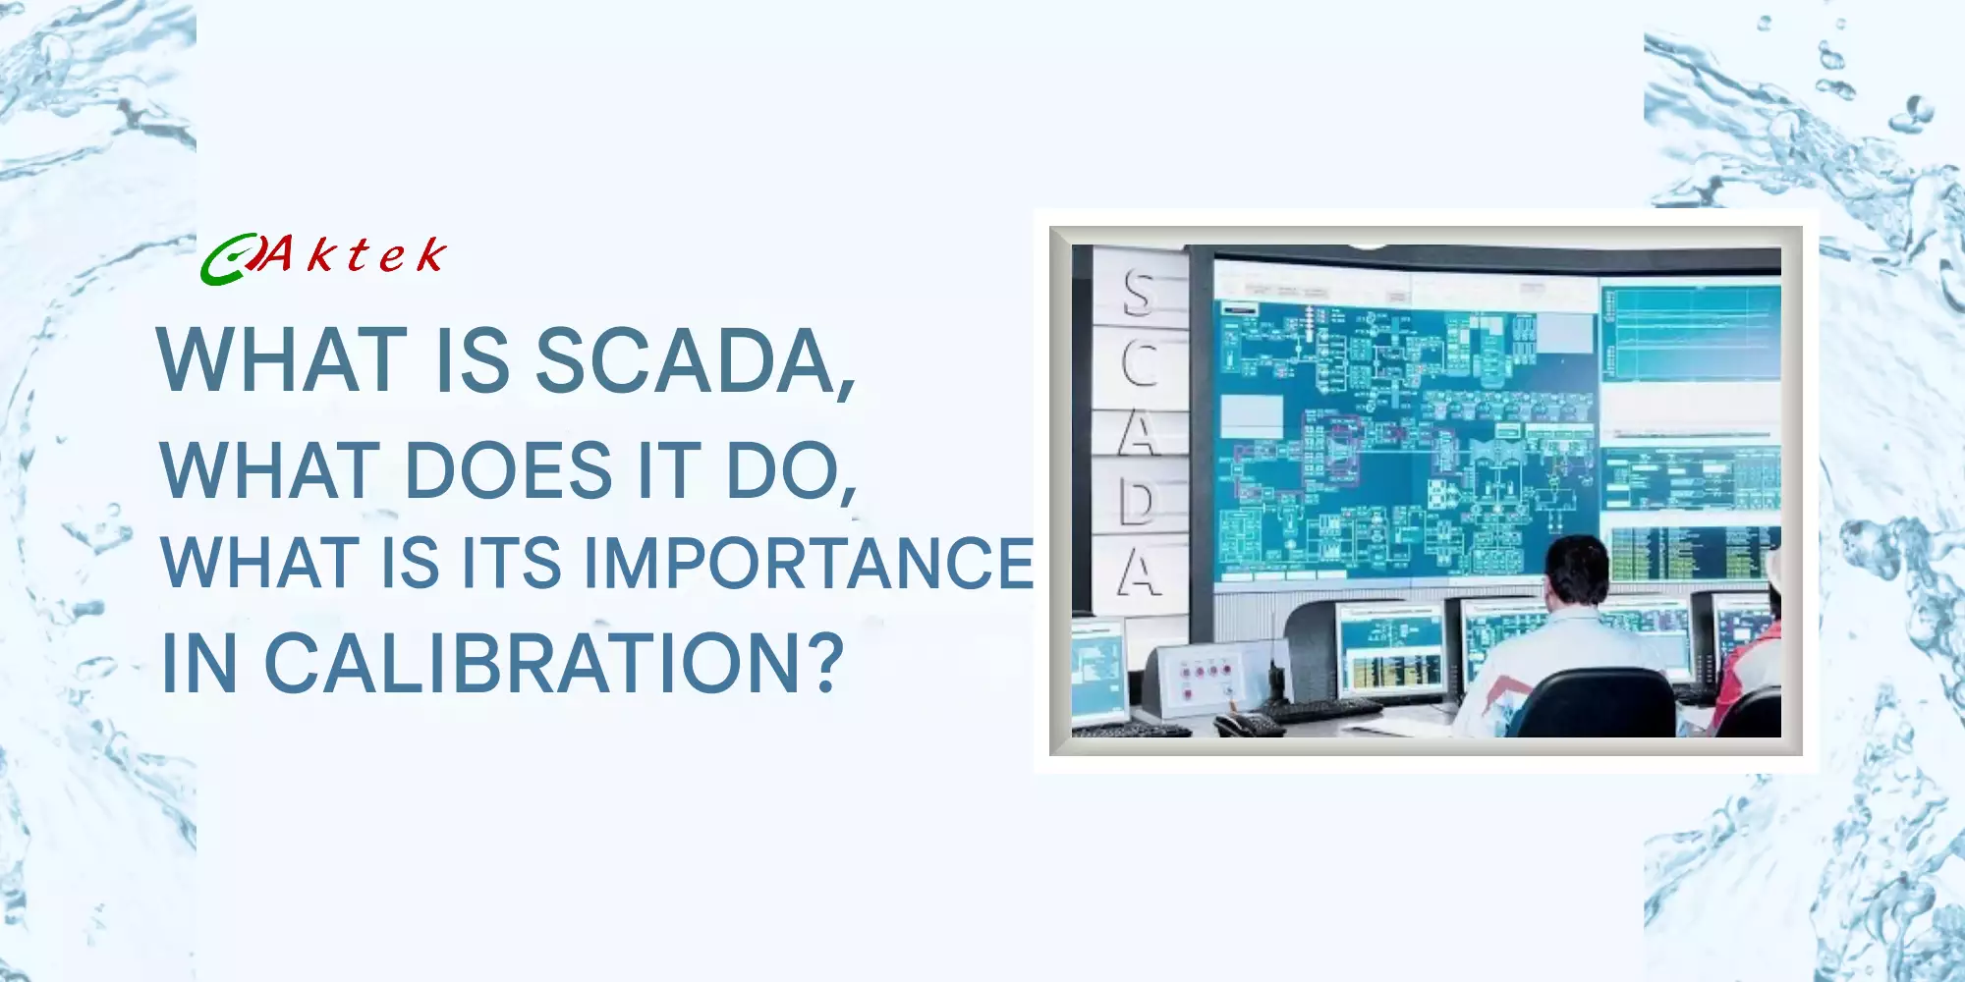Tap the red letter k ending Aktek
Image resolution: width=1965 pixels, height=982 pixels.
point(430,255)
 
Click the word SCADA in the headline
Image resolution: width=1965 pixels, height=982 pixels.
point(684,360)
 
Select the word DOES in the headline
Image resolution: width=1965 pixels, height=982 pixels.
point(508,470)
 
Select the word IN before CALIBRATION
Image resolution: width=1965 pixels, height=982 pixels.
point(199,664)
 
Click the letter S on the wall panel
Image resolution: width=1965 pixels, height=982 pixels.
point(1139,292)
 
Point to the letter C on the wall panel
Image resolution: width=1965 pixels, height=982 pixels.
point(1140,362)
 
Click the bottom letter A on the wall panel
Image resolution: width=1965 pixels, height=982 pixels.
point(1140,573)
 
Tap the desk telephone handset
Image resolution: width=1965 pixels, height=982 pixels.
point(1248,725)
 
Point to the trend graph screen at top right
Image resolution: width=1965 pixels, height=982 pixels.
point(1690,334)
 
